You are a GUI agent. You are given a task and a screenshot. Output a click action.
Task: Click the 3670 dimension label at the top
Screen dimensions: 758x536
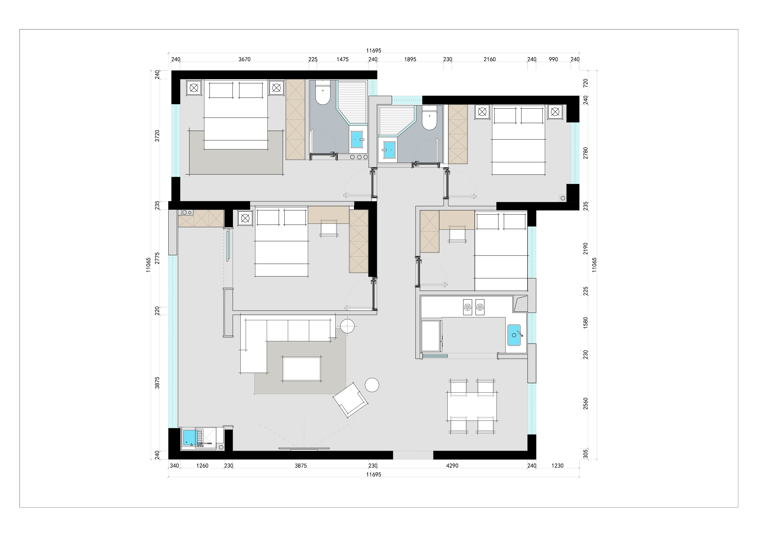point(244,59)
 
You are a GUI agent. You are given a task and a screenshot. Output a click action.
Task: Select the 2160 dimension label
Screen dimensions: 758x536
point(490,59)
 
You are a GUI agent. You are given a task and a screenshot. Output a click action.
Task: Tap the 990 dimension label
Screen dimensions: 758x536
point(553,59)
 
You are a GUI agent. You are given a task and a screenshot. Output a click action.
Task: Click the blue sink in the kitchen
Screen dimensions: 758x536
point(514,335)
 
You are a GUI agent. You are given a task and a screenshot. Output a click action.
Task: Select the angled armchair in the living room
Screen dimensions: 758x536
point(351,400)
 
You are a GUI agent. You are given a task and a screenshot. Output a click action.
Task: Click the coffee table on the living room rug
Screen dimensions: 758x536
point(301,369)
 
